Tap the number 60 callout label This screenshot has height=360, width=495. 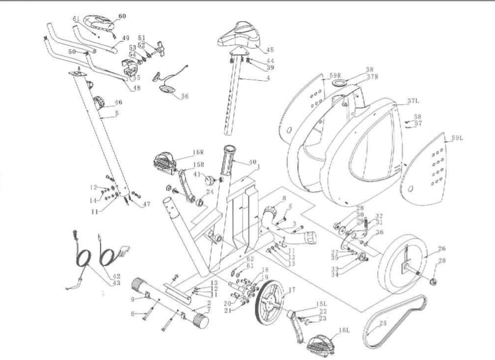click(122, 17)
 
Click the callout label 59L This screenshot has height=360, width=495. click(457, 138)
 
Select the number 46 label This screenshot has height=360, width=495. click(118, 102)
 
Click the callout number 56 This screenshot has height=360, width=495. click(184, 97)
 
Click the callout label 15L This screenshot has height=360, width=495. click(321, 305)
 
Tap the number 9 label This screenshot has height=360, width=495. click(133, 299)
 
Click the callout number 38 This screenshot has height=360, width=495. click(369, 70)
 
